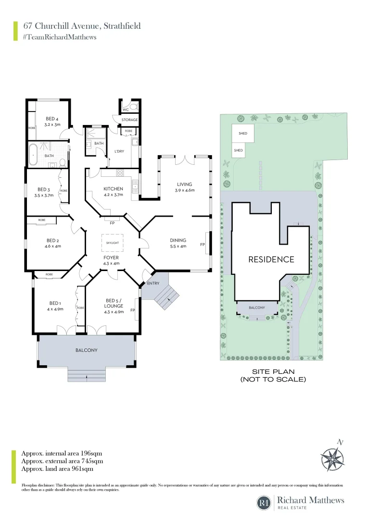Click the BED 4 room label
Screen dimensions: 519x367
pyautogui.click(x=52, y=119)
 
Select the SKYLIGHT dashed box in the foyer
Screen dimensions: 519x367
pyautogui.click(x=112, y=243)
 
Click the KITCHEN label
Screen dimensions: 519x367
pyautogui.click(x=114, y=189)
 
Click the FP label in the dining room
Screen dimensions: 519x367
pyautogui.click(x=202, y=245)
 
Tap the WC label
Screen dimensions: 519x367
pyautogui.click(x=125, y=110)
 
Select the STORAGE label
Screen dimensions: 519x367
pyautogui.click(x=129, y=120)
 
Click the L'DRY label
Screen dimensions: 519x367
pyautogui.click(x=119, y=152)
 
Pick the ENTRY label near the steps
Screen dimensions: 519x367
pyautogui.click(x=153, y=284)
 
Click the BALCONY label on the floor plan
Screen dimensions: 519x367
pyautogui.click(x=87, y=350)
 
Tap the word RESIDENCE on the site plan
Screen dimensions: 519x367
pyautogui.click(x=271, y=259)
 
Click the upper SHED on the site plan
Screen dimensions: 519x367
pyautogui.click(x=243, y=133)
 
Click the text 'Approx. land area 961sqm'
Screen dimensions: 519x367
pyautogui.click(x=57, y=469)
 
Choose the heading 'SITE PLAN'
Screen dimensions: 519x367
pyautogui.click(x=273, y=371)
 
